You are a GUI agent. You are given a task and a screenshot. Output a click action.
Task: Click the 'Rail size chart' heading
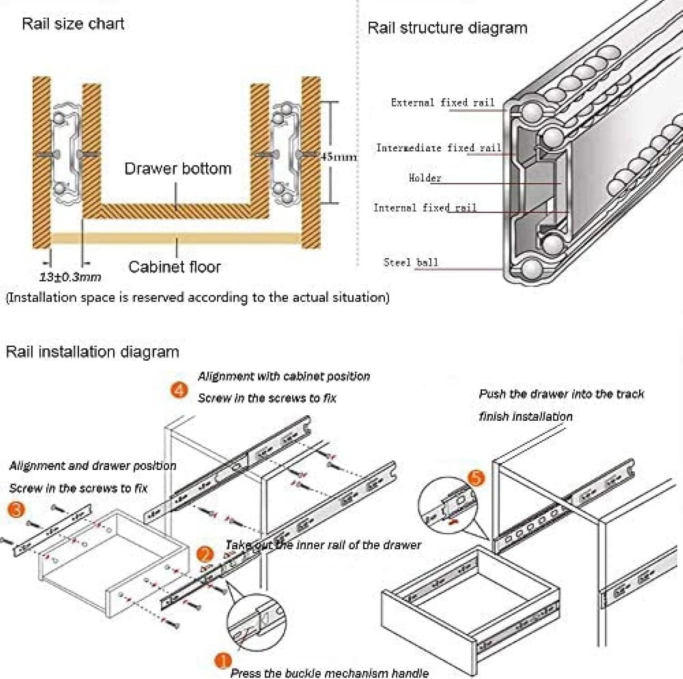click(73, 24)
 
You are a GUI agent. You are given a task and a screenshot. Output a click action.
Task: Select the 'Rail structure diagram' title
click(447, 28)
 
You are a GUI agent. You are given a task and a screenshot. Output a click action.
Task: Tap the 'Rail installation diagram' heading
click(92, 352)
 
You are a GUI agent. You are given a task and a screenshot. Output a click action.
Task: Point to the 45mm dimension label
click(338, 157)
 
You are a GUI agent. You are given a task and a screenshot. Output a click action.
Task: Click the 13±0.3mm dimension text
click(70, 277)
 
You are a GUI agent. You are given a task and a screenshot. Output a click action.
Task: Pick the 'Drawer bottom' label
click(178, 168)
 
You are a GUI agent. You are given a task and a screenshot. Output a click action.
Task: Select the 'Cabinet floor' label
click(174, 267)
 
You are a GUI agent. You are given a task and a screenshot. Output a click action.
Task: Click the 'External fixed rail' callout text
click(442, 103)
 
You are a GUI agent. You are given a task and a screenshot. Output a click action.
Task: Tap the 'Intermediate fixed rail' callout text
click(438, 148)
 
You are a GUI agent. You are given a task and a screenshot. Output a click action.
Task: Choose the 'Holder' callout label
click(424, 178)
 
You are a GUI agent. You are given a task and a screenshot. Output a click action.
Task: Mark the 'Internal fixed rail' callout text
click(424, 208)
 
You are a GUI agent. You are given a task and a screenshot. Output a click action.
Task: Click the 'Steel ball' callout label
click(410, 262)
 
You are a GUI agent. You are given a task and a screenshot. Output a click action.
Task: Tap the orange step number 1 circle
click(223, 660)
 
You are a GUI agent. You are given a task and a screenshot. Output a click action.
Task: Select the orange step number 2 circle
click(205, 554)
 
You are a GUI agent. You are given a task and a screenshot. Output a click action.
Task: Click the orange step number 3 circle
click(16, 509)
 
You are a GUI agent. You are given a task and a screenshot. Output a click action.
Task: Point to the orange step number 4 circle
click(179, 390)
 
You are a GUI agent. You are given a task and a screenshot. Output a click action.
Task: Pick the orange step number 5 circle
click(476, 478)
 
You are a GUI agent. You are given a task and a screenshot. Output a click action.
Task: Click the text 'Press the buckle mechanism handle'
click(329, 673)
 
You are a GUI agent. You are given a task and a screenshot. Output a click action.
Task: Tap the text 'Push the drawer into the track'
click(561, 394)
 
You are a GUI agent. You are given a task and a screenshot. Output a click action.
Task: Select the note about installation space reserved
click(197, 298)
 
